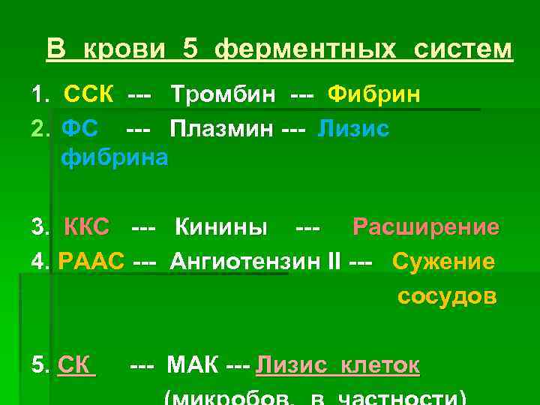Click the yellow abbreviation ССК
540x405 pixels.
point(89,95)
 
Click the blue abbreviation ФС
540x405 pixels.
point(79,128)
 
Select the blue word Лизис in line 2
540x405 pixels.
point(353,128)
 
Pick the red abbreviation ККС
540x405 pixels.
point(87,226)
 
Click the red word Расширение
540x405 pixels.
point(425,226)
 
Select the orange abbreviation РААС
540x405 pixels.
point(91,262)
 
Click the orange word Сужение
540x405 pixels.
point(443,262)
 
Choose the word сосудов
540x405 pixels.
point(446,295)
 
